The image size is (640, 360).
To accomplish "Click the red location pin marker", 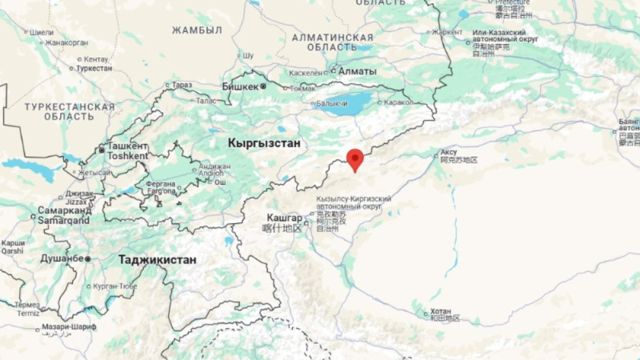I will click(x=354, y=158).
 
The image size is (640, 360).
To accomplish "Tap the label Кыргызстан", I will click(x=263, y=143).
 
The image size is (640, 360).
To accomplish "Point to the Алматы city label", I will click(x=357, y=70).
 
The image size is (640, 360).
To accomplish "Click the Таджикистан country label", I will click(x=157, y=259).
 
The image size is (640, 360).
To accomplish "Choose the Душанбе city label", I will click(x=61, y=258).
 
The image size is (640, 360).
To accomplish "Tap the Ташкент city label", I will click(x=127, y=146).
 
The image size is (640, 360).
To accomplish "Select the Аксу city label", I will click(x=449, y=151).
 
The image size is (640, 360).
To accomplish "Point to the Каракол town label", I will click(x=398, y=102).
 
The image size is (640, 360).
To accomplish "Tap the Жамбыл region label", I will click(x=197, y=30).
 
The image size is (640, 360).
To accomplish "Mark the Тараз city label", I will click(x=182, y=86).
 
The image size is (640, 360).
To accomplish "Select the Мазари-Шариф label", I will click(x=69, y=327).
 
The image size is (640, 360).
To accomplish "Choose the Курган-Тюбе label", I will click(x=114, y=286).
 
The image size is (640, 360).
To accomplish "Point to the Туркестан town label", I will click(x=94, y=69).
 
